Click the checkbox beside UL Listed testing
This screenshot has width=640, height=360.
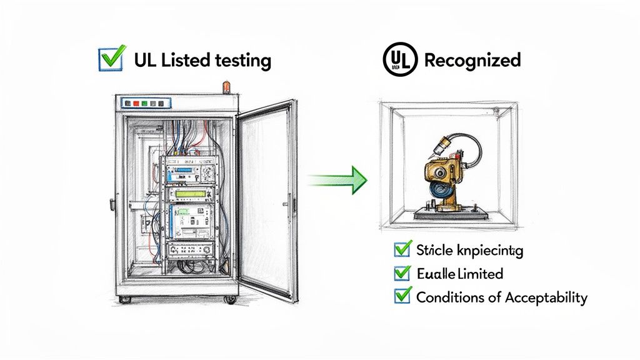click(111, 59)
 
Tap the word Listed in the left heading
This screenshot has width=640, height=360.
click(186, 60)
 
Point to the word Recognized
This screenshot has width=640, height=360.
click(472, 60)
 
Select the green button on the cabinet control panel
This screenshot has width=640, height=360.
click(144, 102)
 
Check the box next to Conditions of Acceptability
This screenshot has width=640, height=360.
click(402, 296)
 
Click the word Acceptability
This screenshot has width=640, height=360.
click(545, 297)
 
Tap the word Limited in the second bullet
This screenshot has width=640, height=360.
click(480, 274)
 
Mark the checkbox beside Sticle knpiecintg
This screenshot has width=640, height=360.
click(402, 251)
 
